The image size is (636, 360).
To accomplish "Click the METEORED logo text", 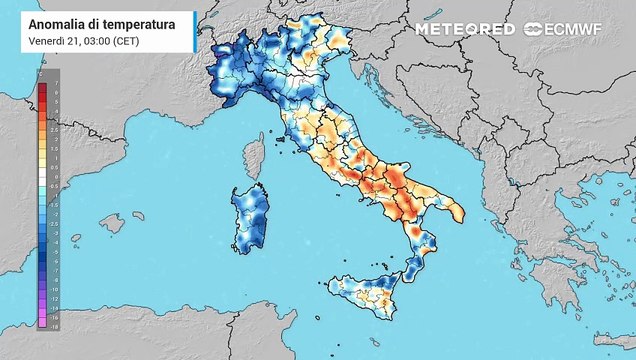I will tap(464, 29).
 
